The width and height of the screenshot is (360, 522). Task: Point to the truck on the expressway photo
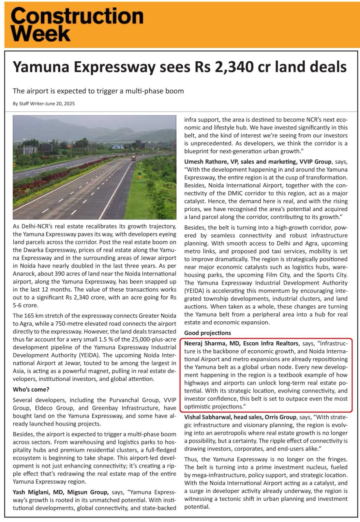(133, 158)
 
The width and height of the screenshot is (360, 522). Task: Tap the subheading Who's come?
(31, 390)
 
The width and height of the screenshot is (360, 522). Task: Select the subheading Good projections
(208, 333)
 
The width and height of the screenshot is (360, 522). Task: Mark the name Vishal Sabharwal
(208, 417)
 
